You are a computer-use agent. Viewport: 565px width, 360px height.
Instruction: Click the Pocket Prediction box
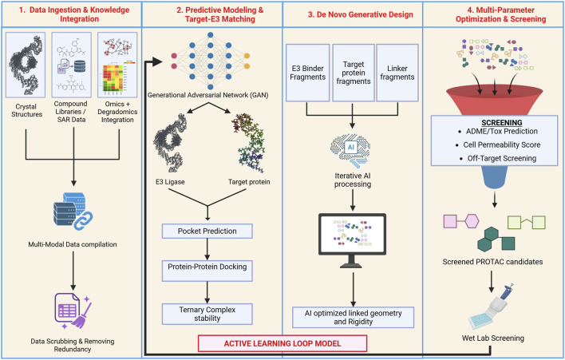(x=207, y=231)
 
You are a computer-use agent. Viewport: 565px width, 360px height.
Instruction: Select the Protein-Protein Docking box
(x=207, y=271)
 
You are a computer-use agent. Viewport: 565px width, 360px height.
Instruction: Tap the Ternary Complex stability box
(x=207, y=314)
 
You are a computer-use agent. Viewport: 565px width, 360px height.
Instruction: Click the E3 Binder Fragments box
(x=308, y=73)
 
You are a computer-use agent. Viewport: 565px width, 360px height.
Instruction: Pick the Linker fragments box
(x=397, y=73)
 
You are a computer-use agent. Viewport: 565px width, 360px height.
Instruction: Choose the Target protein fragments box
(x=353, y=73)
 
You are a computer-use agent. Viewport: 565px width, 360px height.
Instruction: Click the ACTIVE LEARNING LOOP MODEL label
(x=282, y=343)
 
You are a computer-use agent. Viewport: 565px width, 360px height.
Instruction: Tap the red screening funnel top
(x=495, y=101)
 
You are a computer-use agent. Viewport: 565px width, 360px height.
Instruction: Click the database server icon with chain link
(x=73, y=211)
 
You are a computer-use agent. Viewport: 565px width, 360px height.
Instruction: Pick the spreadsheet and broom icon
(x=73, y=311)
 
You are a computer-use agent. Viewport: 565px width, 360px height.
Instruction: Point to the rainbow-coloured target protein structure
(x=251, y=143)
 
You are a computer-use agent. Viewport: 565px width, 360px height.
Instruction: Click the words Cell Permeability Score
(x=502, y=144)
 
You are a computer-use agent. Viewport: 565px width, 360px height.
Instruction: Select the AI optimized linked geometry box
(x=353, y=318)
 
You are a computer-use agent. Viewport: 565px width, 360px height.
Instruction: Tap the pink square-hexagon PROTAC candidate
(x=461, y=221)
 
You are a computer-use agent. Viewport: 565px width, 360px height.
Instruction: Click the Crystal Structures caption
(x=26, y=111)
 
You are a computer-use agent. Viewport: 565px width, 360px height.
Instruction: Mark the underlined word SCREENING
(x=502, y=122)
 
